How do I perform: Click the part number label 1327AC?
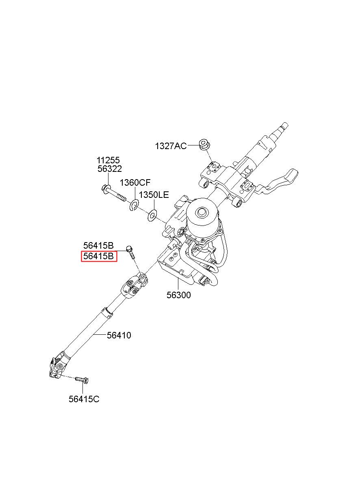point(171,146)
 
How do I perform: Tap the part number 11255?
point(108,160)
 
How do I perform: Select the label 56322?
point(109,169)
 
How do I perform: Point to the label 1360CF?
point(135,182)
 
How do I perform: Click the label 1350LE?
point(154,195)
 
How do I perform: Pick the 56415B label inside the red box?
point(99,256)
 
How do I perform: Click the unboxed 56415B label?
point(99,245)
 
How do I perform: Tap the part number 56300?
point(178,295)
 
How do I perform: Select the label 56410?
point(119,335)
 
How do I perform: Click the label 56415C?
point(84,399)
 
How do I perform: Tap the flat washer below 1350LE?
point(152,215)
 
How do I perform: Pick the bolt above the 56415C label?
point(82,379)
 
